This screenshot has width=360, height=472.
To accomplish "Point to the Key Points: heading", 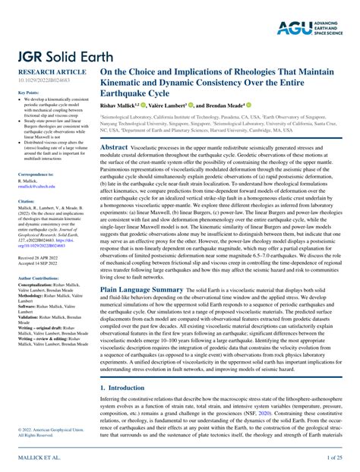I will tap(29, 93).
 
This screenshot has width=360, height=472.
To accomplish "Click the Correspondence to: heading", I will tap(36, 174).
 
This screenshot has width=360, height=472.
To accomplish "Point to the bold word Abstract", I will tap(114, 146).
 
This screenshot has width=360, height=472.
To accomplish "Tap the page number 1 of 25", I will tap(336, 458).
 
